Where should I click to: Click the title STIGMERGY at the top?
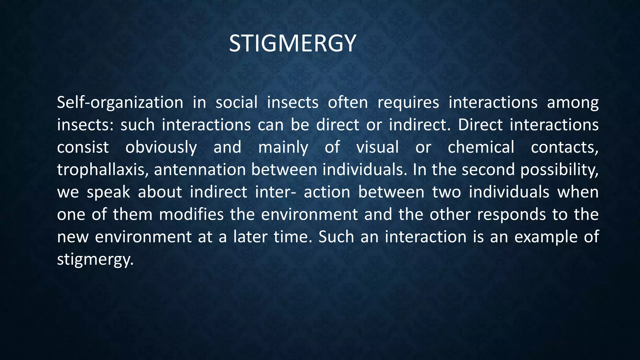[x=292, y=43]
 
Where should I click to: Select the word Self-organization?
[x=120, y=103]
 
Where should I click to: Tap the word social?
[x=237, y=102]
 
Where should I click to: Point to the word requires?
[x=408, y=103]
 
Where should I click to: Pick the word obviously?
[x=161, y=147]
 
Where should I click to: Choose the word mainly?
[x=283, y=147]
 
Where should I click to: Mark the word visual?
[x=377, y=147]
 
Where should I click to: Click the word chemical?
[x=481, y=147]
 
